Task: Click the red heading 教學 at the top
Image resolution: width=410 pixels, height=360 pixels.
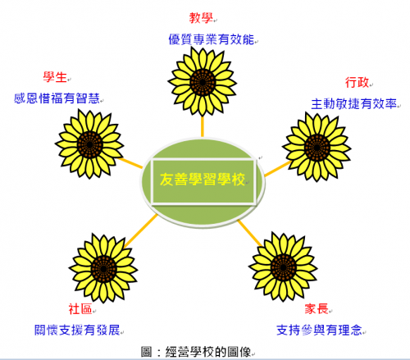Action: (x=201, y=18)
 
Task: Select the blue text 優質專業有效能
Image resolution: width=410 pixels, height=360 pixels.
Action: (x=212, y=39)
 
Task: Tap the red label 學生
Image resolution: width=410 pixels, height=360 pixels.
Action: (x=55, y=77)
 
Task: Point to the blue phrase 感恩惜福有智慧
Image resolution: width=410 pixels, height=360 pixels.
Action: (x=57, y=98)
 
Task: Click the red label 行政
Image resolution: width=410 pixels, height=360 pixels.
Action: (x=357, y=82)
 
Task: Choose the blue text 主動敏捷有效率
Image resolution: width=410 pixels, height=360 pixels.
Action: (x=354, y=104)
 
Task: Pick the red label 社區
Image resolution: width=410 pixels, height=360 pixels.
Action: (x=80, y=309)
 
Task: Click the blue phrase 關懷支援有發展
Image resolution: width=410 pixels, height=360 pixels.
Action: (x=77, y=330)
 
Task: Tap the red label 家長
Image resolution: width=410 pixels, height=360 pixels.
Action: (x=317, y=309)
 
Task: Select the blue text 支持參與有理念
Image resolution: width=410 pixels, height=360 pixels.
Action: (x=319, y=330)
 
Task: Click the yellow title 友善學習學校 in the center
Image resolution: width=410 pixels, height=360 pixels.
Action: (x=203, y=180)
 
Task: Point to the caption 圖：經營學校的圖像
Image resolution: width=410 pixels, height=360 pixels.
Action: (x=196, y=352)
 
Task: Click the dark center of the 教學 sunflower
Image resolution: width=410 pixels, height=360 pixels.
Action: (x=203, y=82)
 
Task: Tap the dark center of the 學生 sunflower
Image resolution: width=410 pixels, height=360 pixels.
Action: (x=90, y=144)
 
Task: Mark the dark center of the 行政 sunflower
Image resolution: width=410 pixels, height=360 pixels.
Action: (x=317, y=148)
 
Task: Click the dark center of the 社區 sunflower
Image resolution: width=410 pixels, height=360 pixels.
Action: (x=103, y=269)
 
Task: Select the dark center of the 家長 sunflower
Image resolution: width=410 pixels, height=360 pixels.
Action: (x=284, y=267)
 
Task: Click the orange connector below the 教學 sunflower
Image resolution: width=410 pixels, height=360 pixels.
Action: (x=203, y=126)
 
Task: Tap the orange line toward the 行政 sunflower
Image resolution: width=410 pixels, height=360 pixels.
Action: (x=277, y=169)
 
